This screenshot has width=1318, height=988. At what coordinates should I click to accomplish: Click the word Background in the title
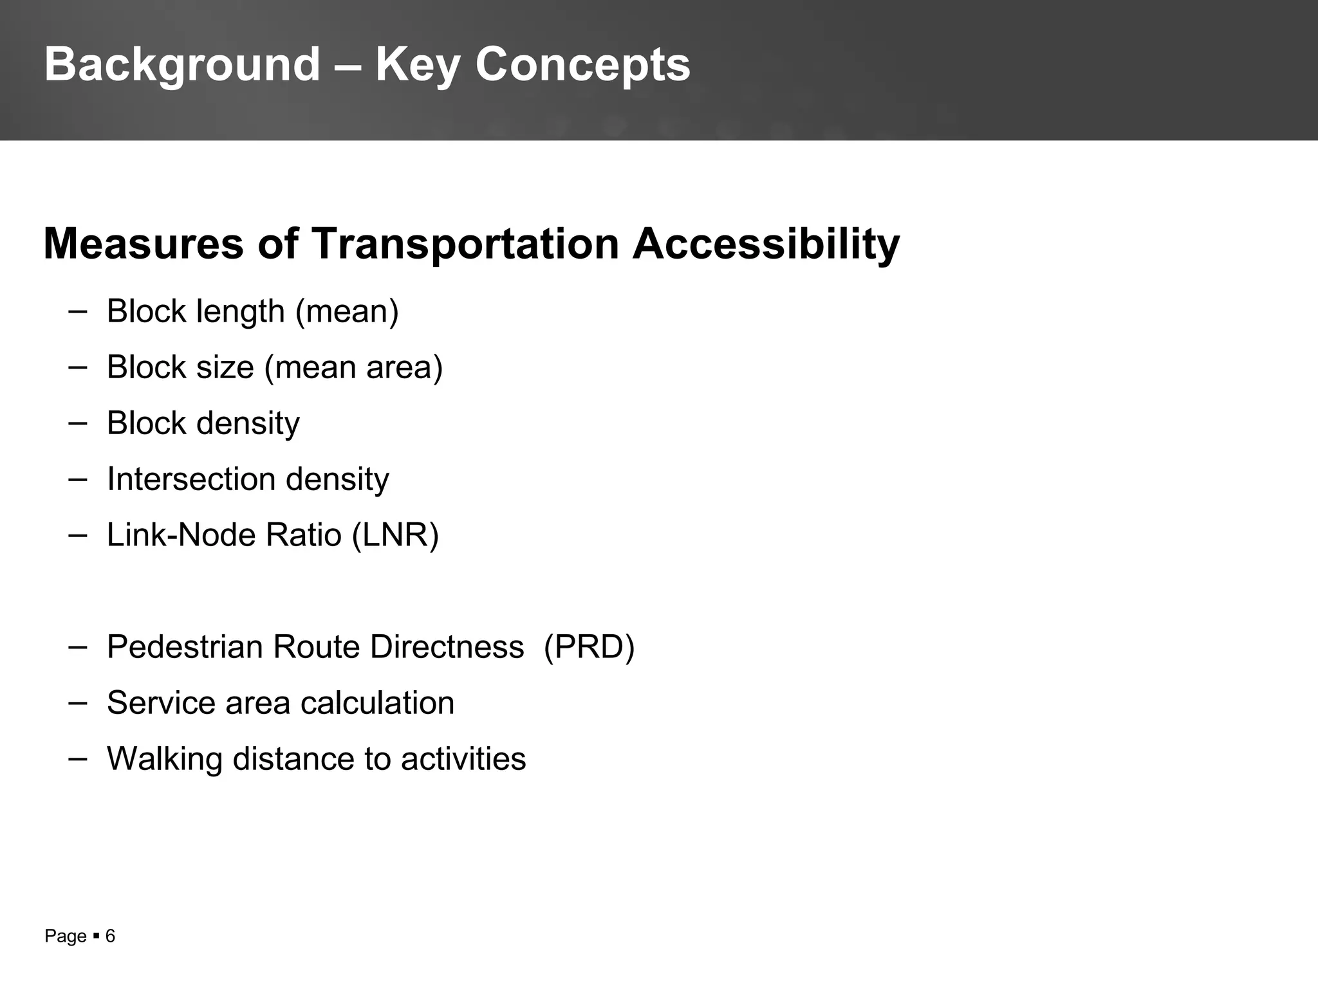coord(182,65)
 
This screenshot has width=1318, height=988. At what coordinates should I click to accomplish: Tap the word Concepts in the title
coord(582,65)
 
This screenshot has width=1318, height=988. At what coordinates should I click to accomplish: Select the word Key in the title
coord(417,65)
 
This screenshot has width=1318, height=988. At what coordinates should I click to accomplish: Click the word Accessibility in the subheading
coord(766,244)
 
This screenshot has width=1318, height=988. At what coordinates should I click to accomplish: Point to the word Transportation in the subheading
coord(465,244)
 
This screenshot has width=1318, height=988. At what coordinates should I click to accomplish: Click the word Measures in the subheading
coord(144,244)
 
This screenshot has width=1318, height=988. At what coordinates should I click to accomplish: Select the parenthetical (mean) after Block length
coord(347,311)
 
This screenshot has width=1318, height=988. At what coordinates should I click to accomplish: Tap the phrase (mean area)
coord(353,367)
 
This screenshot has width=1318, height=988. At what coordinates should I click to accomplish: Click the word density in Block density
coord(248,423)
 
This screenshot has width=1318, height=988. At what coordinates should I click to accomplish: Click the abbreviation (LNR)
coord(395,535)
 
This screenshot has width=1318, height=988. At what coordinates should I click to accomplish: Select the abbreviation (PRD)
coord(589,647)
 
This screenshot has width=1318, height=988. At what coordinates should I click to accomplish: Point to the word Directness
coord(447,647)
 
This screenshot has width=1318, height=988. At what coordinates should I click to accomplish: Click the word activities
coord(463,759)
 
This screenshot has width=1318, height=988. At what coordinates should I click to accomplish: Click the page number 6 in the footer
coord(110,937)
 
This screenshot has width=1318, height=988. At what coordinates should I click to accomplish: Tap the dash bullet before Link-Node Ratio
coord(77,535)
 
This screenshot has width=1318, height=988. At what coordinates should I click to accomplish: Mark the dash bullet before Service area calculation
coord(77,702)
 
